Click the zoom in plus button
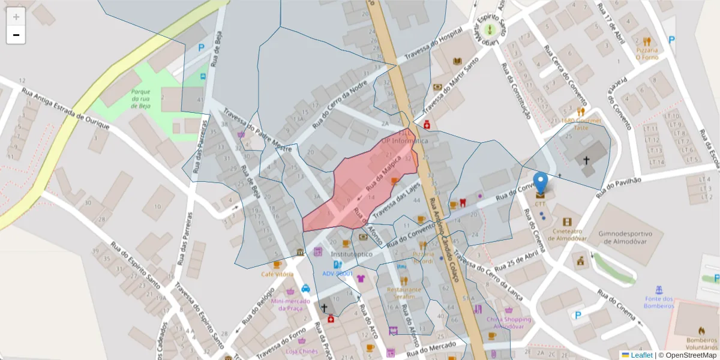16,17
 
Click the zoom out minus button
16,35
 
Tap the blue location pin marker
541,184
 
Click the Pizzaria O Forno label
647,54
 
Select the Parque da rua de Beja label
140,99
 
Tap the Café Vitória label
277,274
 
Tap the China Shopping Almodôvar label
509,323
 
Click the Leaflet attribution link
641,355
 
